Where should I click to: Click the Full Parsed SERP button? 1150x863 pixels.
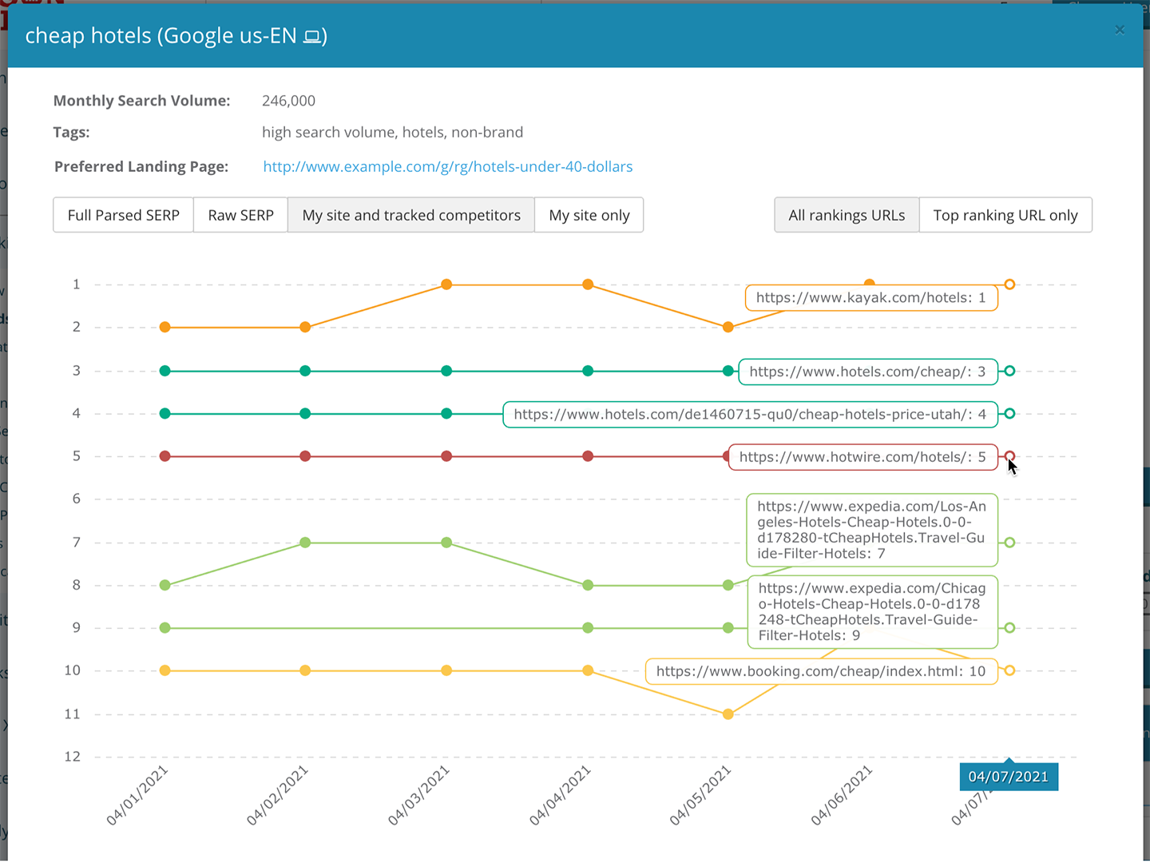point(123,215)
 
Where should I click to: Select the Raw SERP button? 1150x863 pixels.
point(240,215)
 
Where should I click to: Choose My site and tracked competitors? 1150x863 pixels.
point(411,215)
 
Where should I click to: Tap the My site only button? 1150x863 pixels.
point(589,215)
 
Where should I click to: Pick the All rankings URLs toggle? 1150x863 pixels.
point(847,215)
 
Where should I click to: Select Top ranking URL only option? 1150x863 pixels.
point(1005,215)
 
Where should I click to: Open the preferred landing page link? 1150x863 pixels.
point(447,166)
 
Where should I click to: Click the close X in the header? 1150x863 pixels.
point(1120,30)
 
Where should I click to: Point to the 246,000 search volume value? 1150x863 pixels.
point(288,101)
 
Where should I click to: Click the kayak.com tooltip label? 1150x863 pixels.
point(870,298)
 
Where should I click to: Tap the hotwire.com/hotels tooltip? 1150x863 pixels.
point(862,457)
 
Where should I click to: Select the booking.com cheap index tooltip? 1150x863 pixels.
point(821,671)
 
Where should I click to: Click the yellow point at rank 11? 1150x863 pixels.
point(728,714)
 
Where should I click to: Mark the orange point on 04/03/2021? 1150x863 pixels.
point(446,284)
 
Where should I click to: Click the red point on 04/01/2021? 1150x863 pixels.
point(165,456)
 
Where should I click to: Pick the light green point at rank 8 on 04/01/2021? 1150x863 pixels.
point(165,586)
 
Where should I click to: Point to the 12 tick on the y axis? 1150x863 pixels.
point(73,757)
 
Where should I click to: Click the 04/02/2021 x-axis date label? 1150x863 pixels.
point(277,795)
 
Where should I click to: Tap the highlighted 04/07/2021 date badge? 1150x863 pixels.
point(1008,777)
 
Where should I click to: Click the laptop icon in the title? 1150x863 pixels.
point(312,37)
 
